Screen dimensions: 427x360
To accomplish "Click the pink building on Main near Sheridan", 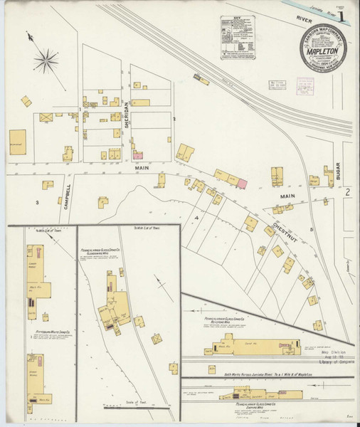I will click(137, 154).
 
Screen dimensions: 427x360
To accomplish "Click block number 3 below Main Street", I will click(36, 202).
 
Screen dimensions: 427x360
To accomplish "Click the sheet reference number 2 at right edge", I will click(348, 193).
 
